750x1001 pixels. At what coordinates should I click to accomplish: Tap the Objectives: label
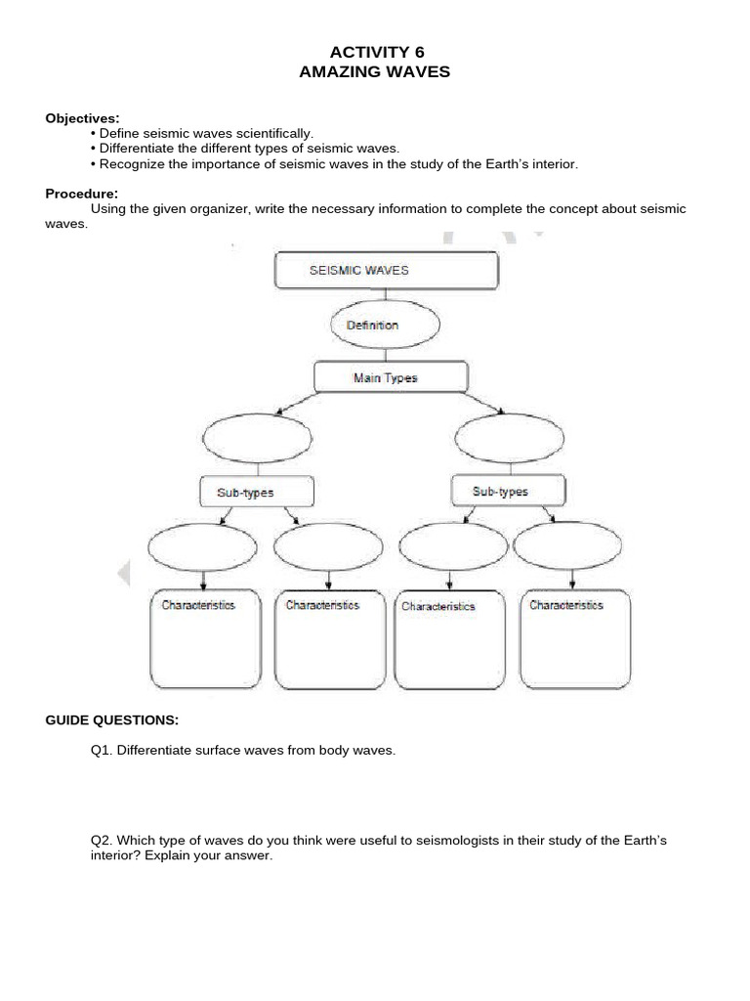(x=82, y=118)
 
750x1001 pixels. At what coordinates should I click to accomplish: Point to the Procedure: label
(x=82, y=194)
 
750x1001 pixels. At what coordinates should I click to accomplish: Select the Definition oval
(x=365, y=326)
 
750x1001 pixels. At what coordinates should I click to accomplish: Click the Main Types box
(x=390, y=377)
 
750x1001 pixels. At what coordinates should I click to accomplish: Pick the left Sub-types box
(x=257, y=492)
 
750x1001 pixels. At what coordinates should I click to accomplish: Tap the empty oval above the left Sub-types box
(x=257, y=434)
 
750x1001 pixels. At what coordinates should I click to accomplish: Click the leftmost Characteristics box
(x=205, y=639)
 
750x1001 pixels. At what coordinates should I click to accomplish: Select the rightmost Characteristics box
(x=575, y=639)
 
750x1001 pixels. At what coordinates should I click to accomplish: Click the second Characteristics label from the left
(x=322, y=605)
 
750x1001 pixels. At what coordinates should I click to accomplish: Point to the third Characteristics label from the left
(x=437, y=606)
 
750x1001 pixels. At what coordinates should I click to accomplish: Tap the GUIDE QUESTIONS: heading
(x=112, y=720)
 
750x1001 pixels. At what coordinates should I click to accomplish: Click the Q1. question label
(x=102, y=751)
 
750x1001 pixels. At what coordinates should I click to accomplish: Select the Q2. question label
(x=102, y=841)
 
